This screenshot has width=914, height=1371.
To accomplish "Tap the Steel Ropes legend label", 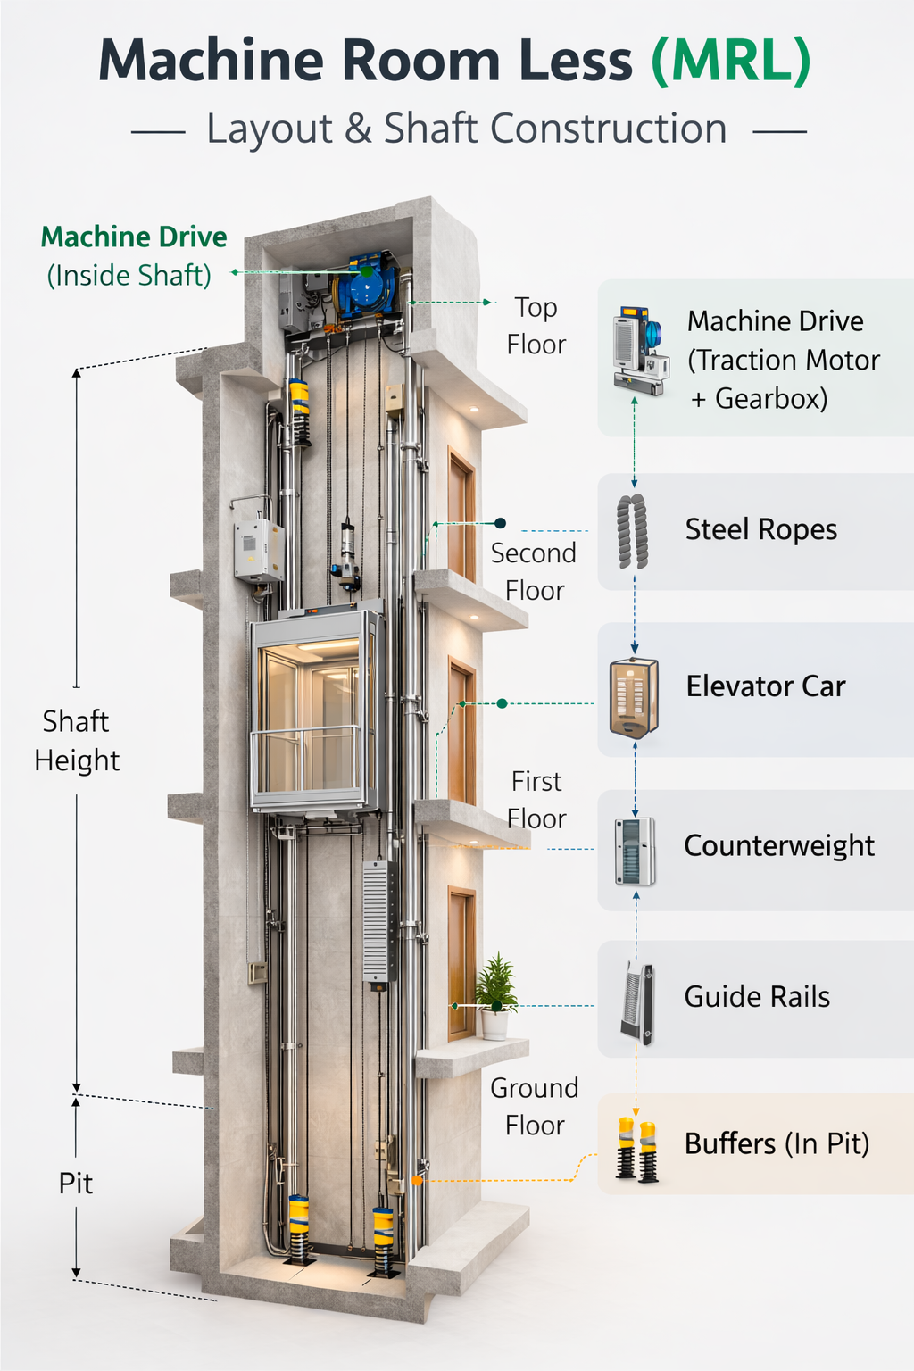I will click(x=760, y=529).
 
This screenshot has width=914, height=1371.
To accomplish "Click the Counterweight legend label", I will click(x=778, y=845).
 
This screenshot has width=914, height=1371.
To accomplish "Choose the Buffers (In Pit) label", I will click(x=777, y=1143).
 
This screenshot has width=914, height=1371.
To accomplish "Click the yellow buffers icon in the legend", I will click(x=637, y=1151).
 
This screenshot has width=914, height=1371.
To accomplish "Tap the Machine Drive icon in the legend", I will click(x=640, y=351).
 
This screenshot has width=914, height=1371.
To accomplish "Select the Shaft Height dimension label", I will click(x=77, y=740).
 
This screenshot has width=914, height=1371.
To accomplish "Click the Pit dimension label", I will click(x=76, y=1184).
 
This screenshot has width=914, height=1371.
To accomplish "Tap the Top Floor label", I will click(x=536, y=326).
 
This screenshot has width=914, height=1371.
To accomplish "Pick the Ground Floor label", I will click(x=535, y=1107).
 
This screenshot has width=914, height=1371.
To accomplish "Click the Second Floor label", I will click(x=534, y=571).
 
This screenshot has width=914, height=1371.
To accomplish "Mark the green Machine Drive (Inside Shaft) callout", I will click(x=133, y=255).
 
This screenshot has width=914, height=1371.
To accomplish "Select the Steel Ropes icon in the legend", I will click(x=633, y=531).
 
